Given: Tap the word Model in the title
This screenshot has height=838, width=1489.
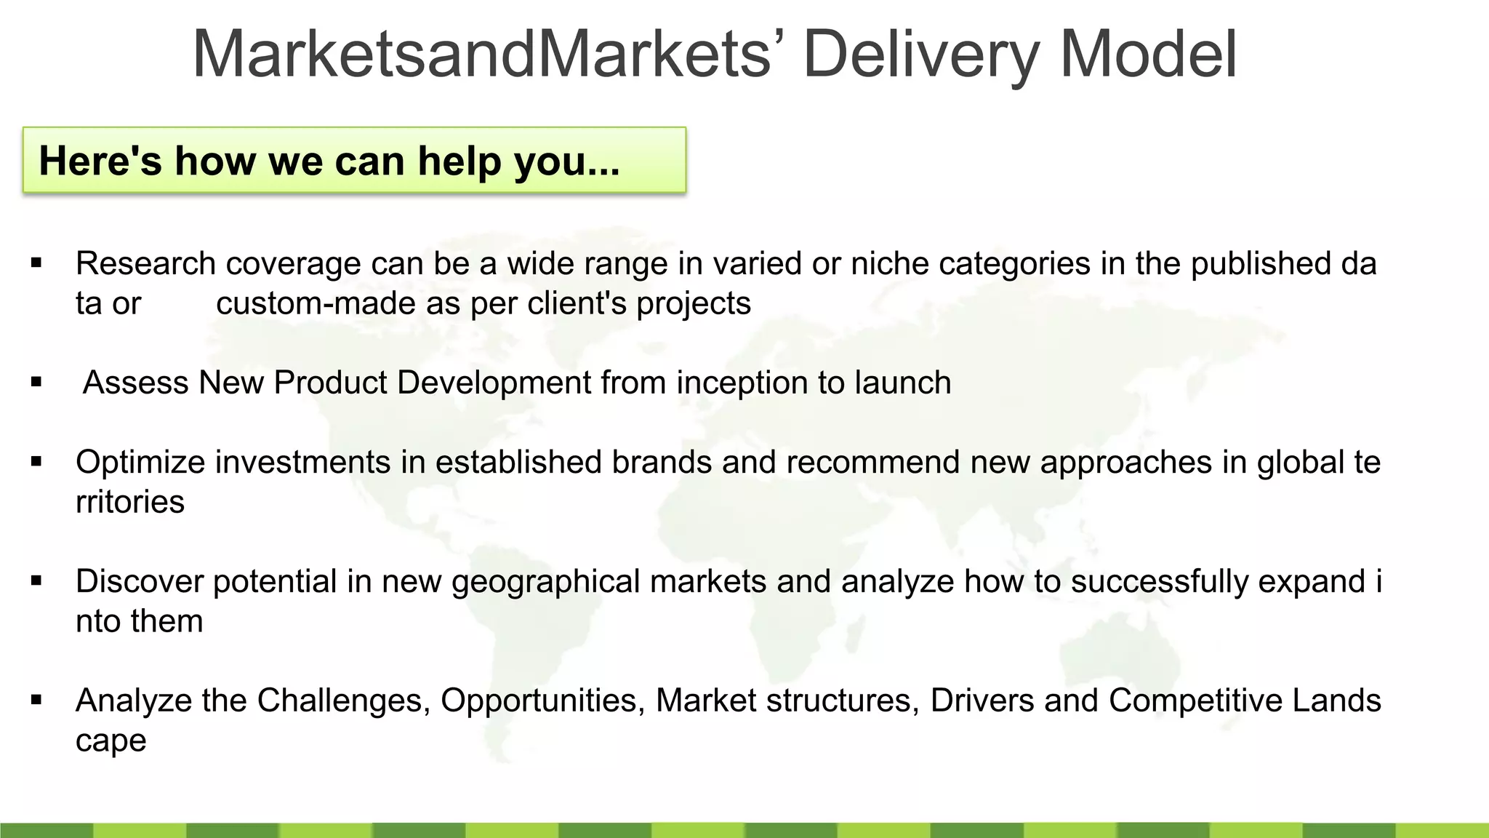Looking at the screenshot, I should pyautogui.click(x=1149, y=55).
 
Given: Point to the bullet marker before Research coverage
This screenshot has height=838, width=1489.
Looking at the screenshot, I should pyautogui.click(x=36, y=263).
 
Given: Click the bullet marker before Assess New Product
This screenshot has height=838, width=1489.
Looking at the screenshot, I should pyautogui.click(x=36, y=382).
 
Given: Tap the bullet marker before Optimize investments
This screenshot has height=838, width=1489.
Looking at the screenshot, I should pyautogui.click(x=36, y=461).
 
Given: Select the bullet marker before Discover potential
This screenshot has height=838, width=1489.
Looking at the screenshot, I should pyautogui.click(x=36, y=580).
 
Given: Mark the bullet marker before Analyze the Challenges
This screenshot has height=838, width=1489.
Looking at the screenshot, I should pyautogui.click(x=36, y=700).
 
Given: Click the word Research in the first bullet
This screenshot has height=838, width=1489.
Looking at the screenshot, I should pyautogui.click(x=145, y=263).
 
